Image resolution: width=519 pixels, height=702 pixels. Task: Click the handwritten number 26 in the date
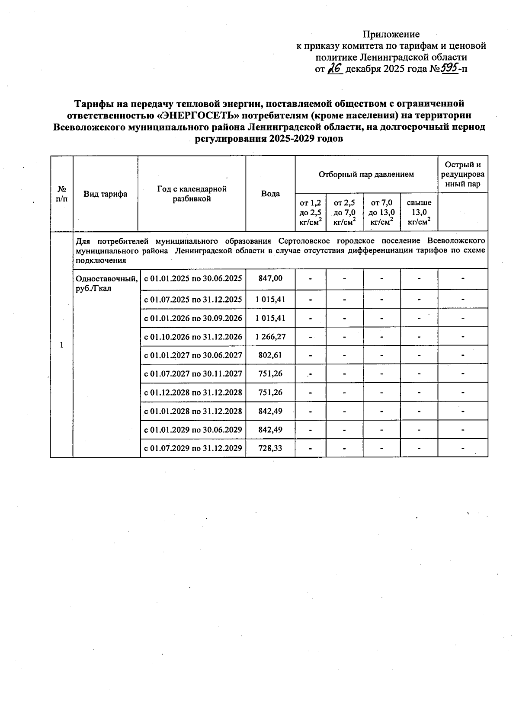(335, 68)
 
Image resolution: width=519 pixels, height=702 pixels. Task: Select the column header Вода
(270, 194)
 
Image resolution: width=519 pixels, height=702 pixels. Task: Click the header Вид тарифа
(106, 194)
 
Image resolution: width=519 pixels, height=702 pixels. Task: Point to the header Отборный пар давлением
(366, 174)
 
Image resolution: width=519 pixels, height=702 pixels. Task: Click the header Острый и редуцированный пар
(463, 174)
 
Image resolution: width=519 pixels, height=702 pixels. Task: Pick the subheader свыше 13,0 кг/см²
(419, 212)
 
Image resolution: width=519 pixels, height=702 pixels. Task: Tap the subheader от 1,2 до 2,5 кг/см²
(311, 212)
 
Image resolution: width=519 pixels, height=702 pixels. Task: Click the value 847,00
(270, 278)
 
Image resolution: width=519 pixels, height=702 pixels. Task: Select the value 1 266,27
(270, 337)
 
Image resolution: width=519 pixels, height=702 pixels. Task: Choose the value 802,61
(270, 355)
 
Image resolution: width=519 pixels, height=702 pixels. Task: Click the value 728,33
(270, 448)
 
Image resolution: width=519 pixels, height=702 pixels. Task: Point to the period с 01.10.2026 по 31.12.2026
(193, 337)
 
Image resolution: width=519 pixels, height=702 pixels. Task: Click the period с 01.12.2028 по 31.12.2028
(193, 392)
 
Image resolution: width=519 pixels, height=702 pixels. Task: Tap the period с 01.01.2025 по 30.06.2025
(193, 278)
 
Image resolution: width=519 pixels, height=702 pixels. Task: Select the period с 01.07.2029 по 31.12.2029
(193, 448)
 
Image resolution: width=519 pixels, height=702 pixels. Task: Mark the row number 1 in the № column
(61, 345)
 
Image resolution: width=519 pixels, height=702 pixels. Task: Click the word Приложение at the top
(391, 34)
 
